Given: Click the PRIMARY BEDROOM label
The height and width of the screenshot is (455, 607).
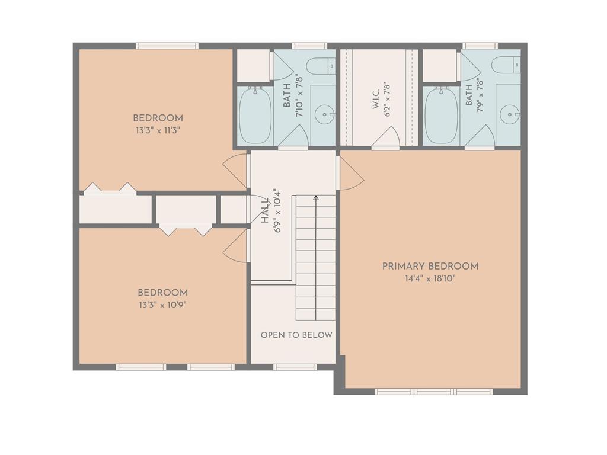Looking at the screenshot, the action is tap(430, 266).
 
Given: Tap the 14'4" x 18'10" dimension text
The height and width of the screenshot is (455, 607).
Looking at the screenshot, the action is tap(430, 278).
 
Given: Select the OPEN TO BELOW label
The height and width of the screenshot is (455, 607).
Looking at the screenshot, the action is tap(296, 335).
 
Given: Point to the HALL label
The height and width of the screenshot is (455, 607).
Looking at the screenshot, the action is tap(265, 211).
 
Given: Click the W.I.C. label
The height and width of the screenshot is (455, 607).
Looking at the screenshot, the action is tap(376, 100).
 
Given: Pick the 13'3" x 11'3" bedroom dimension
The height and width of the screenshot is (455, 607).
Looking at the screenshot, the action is tap(158, 130).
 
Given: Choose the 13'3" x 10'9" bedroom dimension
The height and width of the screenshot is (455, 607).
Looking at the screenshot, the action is tap(162, 305).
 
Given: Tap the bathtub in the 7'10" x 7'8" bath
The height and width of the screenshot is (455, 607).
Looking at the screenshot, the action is tap(255, 116).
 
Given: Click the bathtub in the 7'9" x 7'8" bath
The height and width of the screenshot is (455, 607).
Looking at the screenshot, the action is tap(441, 116).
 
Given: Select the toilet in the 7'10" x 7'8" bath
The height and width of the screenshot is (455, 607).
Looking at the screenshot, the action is tap(321, 66).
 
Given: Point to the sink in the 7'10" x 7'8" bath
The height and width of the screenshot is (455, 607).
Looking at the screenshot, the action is tap(324, 115).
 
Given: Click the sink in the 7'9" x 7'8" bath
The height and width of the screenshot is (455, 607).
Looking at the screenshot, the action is tap(509, 115).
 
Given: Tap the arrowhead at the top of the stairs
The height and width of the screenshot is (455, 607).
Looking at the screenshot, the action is tap(316, 198).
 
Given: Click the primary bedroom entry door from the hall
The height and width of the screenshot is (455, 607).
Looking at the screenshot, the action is tap(351, 173).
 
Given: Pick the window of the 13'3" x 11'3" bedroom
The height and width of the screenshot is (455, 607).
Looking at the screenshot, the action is tap(167, 46).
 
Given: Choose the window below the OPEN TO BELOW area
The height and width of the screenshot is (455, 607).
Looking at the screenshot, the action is tap(295, 367).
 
